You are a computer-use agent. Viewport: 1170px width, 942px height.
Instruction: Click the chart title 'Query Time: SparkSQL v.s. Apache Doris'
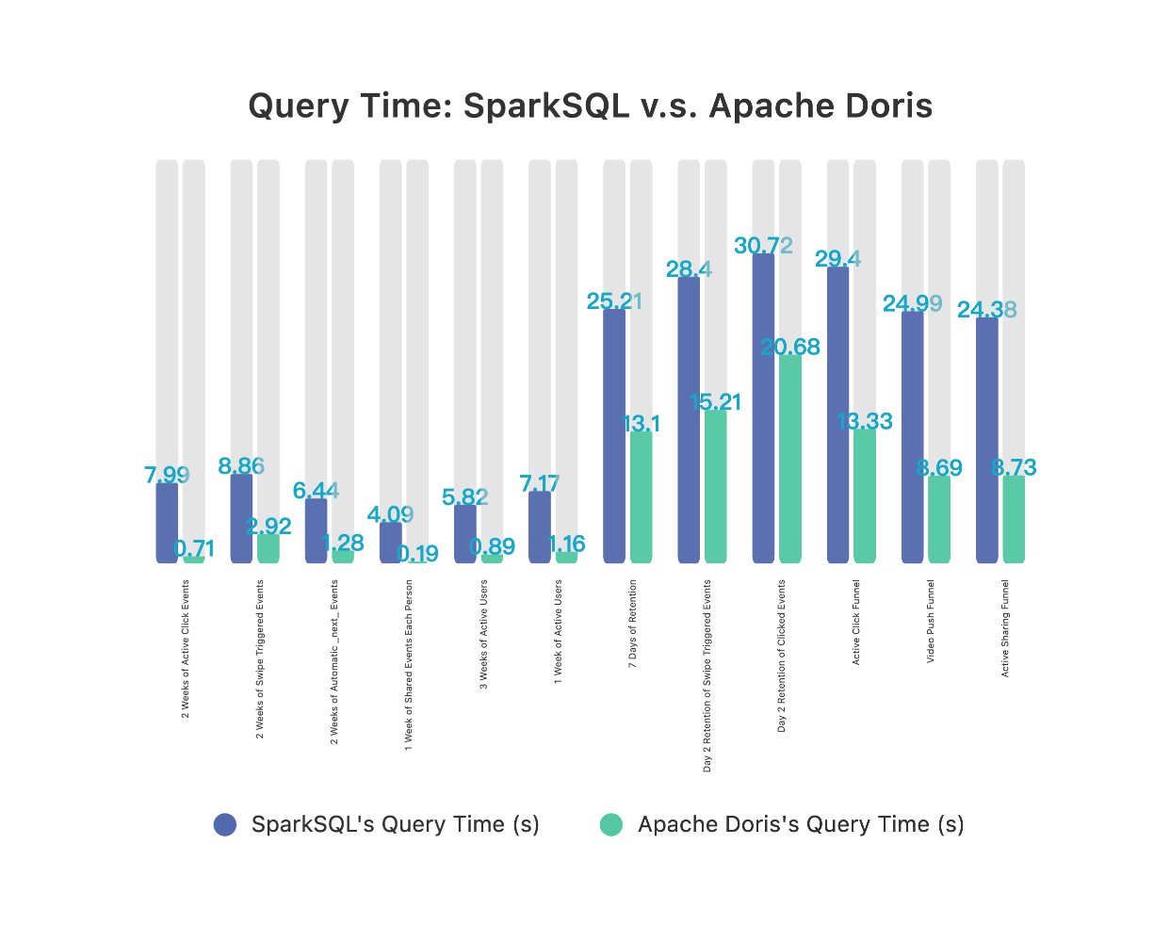(x=590, y=106)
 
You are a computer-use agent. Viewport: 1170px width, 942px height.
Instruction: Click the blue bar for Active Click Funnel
(x=837, y=415)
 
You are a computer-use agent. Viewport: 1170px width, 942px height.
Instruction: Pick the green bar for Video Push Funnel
(x=939, y=520)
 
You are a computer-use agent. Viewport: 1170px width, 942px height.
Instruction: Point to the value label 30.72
(x=763, y=246)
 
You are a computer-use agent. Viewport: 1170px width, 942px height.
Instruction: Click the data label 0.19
(x=417, y=554)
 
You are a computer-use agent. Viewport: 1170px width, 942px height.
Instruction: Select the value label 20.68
(x=790, y=347)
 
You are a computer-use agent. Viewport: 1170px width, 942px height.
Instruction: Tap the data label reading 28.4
(x=689, y=269)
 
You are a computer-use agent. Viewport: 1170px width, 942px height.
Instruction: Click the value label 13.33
(x=865, y=421)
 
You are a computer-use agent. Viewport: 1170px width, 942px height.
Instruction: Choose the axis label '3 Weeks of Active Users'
(x=484, y=634)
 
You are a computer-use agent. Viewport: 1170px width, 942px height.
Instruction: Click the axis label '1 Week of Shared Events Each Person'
(x=409, y=664)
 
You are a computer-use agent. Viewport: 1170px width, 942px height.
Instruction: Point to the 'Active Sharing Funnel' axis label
(x=1005, y=628)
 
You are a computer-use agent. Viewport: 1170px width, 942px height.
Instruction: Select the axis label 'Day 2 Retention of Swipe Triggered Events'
(x=708, y=675)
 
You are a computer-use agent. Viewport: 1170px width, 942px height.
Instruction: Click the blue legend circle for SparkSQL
(x=225, y=824)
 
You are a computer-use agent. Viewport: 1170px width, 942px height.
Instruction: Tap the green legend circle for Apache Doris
(x=611, y=824)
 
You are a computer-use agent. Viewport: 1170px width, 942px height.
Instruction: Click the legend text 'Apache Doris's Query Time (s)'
(x=801, y=824)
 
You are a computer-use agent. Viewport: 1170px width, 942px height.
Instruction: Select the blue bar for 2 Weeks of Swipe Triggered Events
(x=241, y=518)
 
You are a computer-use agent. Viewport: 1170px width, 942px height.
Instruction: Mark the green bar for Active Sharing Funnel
(x=1014, y=520)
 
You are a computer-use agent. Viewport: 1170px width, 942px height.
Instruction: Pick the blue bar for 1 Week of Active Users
(x=540, y=528)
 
